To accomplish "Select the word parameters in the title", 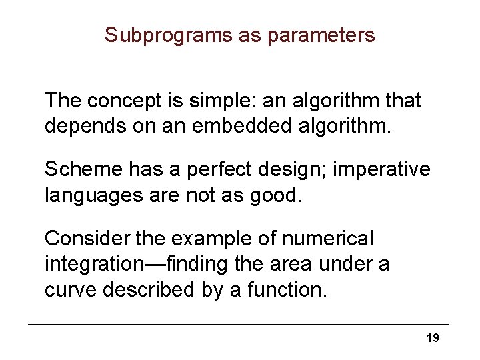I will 321,35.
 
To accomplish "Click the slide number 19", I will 432,339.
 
